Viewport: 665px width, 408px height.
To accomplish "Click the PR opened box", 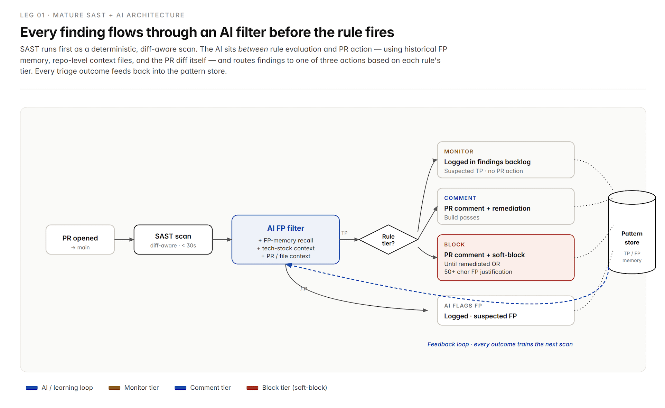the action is click(80, 240).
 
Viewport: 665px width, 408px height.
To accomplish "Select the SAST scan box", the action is click(173, 240).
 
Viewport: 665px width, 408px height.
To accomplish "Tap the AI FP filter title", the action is click(286, 228).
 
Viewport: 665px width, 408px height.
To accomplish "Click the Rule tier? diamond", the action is click(388, 240).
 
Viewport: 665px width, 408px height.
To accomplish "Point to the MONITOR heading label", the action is click(459, 151).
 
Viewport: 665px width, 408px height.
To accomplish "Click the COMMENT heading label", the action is click(460, 198).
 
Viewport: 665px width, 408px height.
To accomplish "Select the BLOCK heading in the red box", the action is click(455, 244).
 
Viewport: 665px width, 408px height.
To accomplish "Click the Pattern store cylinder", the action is click(632, 232).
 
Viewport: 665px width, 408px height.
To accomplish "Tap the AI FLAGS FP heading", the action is click(463, 306).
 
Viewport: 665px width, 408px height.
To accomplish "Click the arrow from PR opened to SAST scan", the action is click(124, 240).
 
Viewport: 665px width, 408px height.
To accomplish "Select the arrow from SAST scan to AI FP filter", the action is click(222, 240).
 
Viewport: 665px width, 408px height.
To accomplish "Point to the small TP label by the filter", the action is click(344, 233).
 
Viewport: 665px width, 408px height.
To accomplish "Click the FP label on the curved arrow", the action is click(303, 289).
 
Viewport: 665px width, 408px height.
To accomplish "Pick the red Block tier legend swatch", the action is click(252, 388).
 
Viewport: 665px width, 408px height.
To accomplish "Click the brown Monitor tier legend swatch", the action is click(114, 388).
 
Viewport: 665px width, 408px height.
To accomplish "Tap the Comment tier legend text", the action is click(210, 388).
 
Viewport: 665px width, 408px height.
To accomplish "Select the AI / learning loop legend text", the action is click(67, 388).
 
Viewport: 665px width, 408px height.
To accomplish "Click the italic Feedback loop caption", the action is click(500, 344).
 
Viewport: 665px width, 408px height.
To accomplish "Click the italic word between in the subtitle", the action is click(253, 49).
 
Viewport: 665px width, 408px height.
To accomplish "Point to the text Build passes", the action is click(462, 217).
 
